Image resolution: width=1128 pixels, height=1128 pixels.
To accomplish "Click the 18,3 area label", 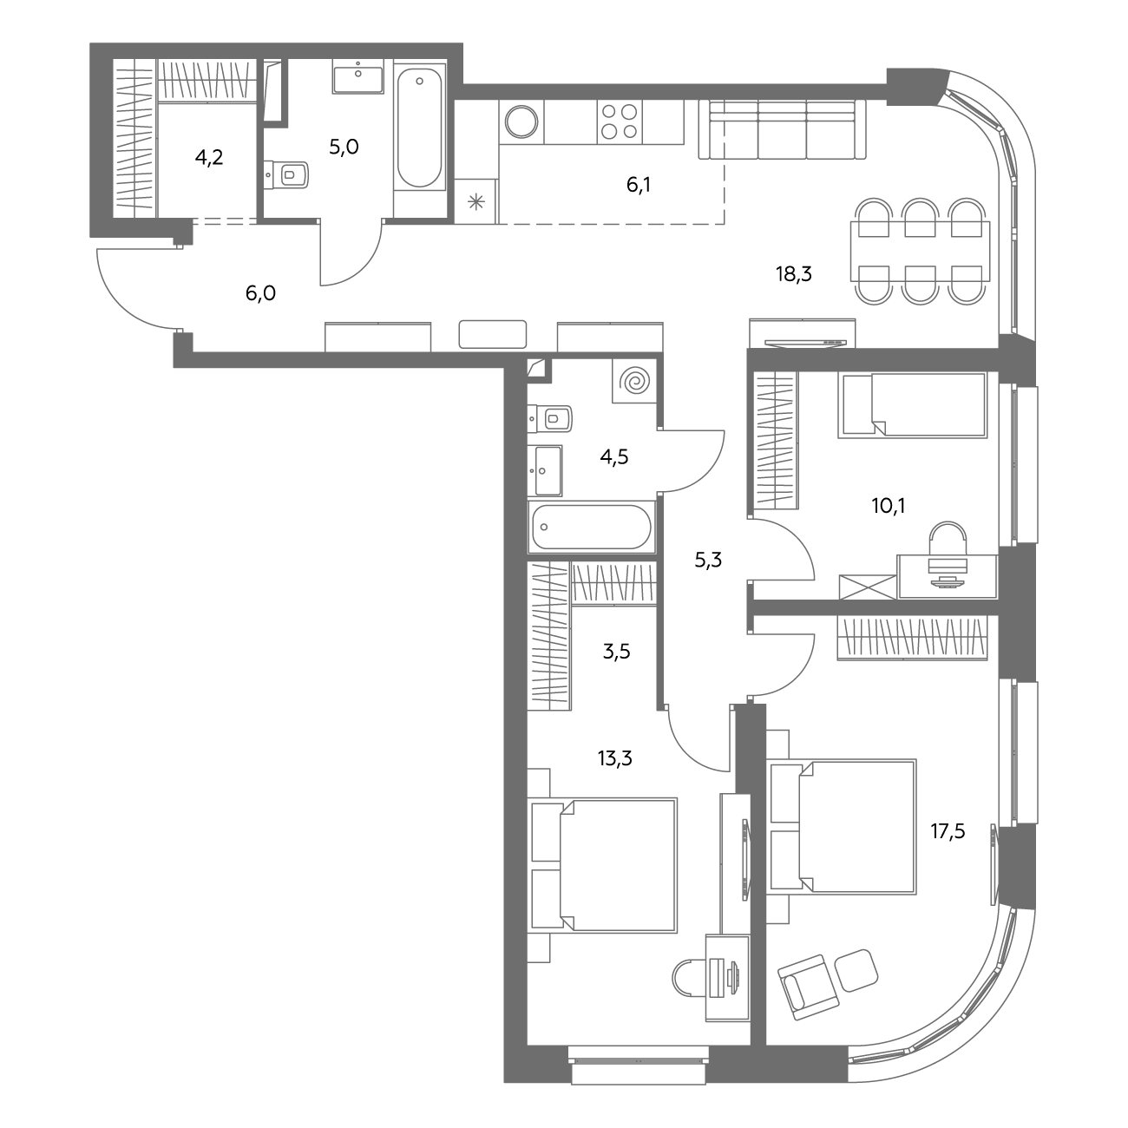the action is (x=794, y=274).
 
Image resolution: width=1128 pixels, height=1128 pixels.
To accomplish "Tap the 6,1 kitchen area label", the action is (x=638, y=185).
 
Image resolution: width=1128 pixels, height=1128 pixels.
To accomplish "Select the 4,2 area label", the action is (x=209, y=157).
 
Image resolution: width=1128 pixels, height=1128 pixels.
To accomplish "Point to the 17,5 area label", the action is (x=948, y=830).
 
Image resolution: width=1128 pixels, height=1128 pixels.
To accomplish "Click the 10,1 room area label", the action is (x=888, y=505).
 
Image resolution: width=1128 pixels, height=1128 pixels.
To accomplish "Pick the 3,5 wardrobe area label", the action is (x=616, y=651).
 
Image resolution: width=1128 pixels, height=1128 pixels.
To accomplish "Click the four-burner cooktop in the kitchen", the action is (x=620, y=121).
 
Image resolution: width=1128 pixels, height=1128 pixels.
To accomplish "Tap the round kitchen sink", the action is (x=521, y=121).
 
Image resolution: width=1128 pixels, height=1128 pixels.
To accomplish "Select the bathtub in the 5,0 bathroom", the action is (x=420, y=128).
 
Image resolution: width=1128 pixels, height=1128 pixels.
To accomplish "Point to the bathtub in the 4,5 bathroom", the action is (x=591, y=527).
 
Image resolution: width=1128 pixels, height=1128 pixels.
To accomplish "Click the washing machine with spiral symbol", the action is (x=634, y=381).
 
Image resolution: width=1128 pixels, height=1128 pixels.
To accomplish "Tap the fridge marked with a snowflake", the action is (x=475, y=202).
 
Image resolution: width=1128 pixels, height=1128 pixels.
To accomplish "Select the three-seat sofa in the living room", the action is (x=783, y=129).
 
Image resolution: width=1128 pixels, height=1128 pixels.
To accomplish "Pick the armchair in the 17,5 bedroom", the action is (x=808, y=987).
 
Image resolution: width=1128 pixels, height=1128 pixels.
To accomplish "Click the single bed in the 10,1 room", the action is (x=913, y=405).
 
